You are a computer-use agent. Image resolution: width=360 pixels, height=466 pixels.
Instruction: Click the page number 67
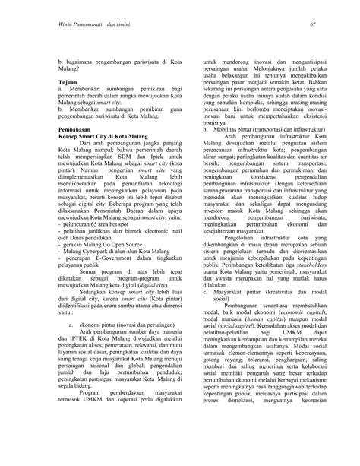311,25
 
